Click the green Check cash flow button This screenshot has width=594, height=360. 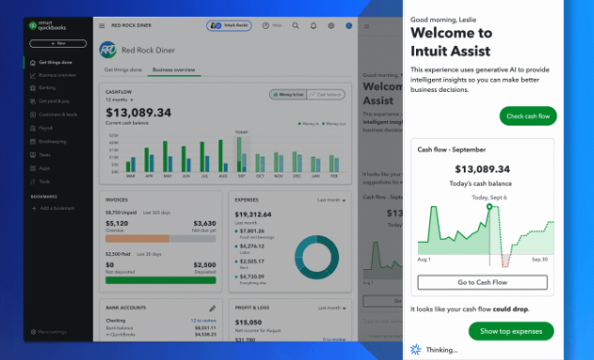coord(528,116)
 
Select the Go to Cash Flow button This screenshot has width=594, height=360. coord(482,282)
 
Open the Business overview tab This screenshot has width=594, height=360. coord(173,69)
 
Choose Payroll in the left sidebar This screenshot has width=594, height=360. coord(47,127)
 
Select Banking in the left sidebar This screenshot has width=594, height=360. coord(48,87)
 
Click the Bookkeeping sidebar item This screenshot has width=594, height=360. coord(52,141)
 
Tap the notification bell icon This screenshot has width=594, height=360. coord(314,25)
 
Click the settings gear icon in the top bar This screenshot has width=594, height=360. coord(331,25)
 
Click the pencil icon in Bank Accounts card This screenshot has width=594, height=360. coord(213,307)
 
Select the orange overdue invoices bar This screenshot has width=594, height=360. coord(137,238)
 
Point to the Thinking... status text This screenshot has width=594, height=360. coord(441,350)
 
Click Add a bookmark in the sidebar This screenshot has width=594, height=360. coord(61,208)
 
